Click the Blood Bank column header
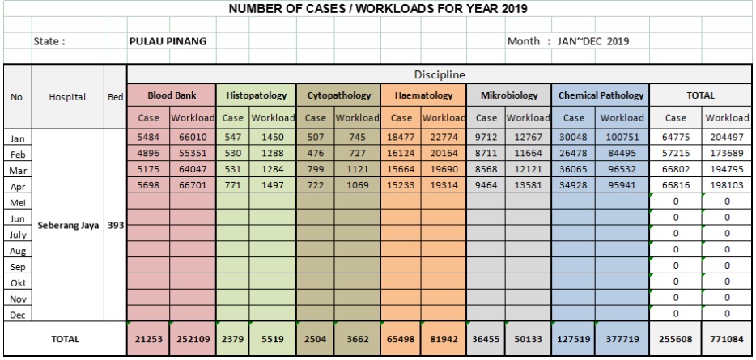(172, 95)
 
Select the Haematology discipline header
(424, 95)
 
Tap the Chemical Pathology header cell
(601, 95)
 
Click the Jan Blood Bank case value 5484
(148, 138)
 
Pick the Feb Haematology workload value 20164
(442, 154)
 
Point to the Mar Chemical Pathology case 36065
(573, 170)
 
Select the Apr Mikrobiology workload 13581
(528, 185)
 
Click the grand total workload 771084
(727, 339)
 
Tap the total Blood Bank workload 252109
(193, 339)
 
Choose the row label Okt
(18, 283)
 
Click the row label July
(18, 235)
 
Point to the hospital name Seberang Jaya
(68, 225)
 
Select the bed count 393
(116, 225)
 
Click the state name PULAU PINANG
(168, 41)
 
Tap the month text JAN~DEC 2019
(593, 41)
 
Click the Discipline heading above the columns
(440, 74)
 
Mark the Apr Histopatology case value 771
(233, 185)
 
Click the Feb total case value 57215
(676, 154)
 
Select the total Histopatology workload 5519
(273, 339)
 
